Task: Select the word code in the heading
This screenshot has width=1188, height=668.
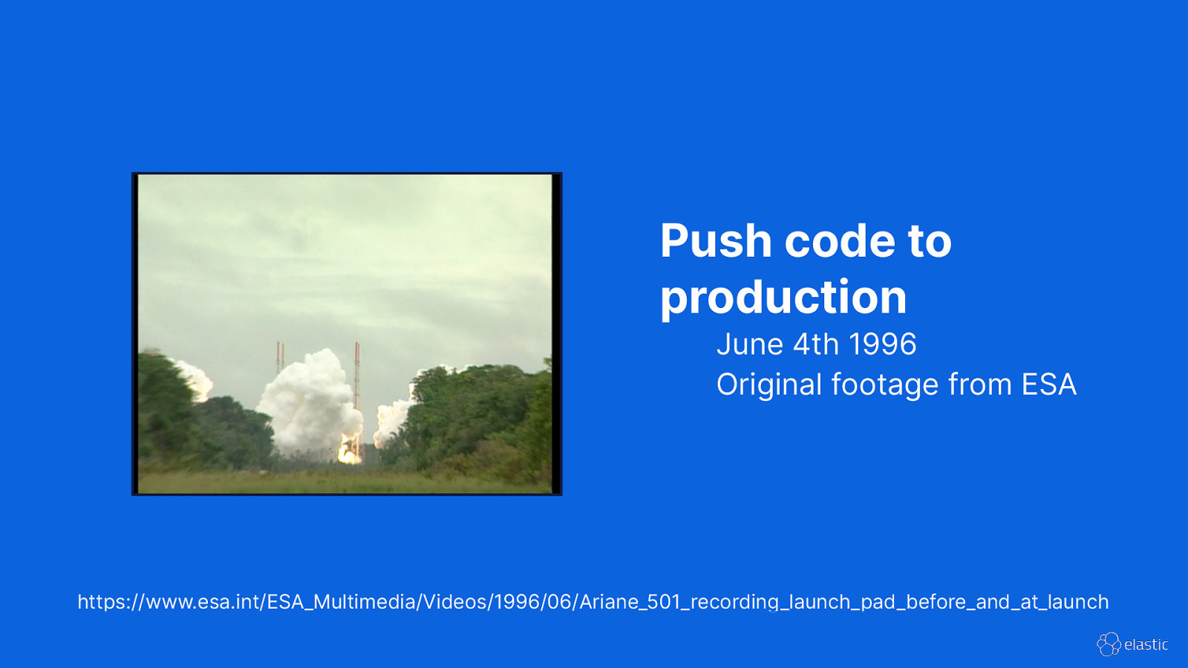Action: click(x=839, y=241)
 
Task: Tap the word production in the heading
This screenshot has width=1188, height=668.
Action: click(x=783, y=298)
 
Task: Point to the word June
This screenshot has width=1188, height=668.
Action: click(x=750, y=344)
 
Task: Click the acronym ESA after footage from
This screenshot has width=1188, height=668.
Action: click(x=1048, y=385)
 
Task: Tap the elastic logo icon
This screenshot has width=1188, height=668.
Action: click(x=1109, y=644)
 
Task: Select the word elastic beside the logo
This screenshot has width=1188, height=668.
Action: click(x=1146, y=645)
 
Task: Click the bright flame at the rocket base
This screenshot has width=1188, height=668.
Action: click(x=349, y=451)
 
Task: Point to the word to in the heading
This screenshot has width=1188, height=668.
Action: click(x=929, y=241)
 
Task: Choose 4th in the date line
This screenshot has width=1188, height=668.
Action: click(x=815, y=344)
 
